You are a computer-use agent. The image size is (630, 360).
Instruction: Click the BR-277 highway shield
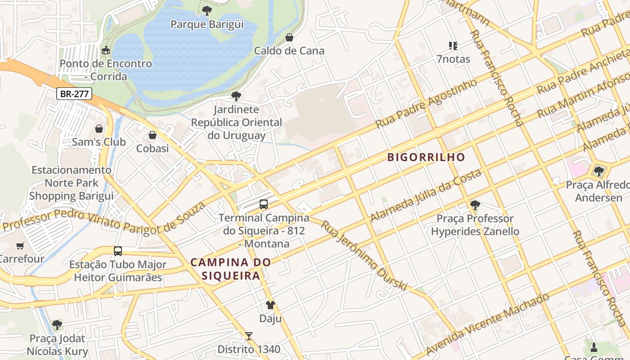(x=74, y=94)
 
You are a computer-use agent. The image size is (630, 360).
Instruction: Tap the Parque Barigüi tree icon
(x=207, y=10)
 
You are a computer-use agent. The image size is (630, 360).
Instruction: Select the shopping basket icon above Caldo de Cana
(x=289, y=37)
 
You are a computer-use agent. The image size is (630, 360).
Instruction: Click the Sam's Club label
(x=99, y=142)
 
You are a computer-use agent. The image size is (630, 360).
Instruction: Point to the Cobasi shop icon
(x=153, y=135)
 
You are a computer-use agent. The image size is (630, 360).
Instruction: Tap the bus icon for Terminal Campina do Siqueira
(x=264, y=204)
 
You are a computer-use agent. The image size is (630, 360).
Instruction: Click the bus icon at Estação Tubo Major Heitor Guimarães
(x=118, y=251)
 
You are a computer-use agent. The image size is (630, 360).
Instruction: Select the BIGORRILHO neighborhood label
(x=426, y=157)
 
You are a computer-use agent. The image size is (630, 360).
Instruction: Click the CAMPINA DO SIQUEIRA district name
(x=231, y=269)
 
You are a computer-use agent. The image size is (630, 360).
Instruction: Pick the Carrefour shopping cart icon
(x=20, y=246)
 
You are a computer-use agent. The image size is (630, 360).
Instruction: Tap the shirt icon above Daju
(x=270, y=305)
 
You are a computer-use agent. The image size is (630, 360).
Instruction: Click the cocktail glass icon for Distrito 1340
(x=248, y=336)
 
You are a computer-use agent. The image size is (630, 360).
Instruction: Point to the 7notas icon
(x=453, y=45)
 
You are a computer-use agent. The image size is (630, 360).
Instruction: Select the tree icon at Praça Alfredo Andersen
(x=598, y=171)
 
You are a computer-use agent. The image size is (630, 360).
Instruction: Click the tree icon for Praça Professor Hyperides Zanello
(x=475, y=206)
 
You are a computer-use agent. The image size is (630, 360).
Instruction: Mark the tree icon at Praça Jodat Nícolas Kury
(x=57, y=324)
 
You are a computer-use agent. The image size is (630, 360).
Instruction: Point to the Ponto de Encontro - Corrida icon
(x=106, y=50)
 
